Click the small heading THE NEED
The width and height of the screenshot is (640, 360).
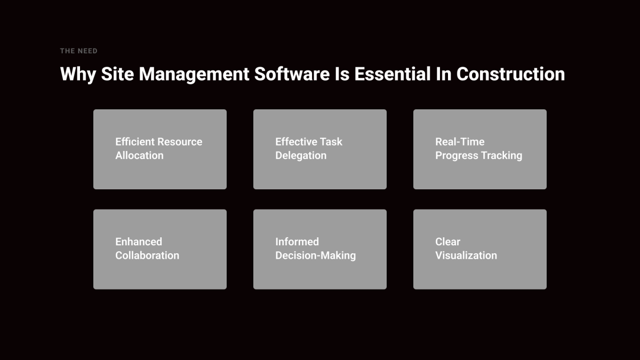click(x=78, y=51)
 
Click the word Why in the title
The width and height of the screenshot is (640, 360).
click(x=78, y=74)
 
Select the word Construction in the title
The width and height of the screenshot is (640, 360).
click(x=510, y=74)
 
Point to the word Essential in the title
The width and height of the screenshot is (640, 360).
click(x=393, y=74)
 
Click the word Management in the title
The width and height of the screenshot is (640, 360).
click(x=194, y=75)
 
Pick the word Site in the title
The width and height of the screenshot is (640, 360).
click(x=117, y=74)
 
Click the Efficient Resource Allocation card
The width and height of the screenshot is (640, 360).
click(x=160, y=149)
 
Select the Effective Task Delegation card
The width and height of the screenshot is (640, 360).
click(x=320, y=149)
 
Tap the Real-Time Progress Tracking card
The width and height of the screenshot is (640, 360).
click(x=480, y=149)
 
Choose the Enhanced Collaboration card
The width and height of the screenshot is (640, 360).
click(x=160, y=249)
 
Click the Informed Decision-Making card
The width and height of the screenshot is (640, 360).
click(x=320, y=249)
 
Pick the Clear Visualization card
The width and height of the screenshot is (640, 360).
click(x=480, y=249)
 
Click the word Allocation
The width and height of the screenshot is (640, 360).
click(x=139, y=155)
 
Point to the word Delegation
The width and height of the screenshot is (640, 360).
click(x=301, y=156)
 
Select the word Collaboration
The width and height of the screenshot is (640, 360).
click(x=147, y=255)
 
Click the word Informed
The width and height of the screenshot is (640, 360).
click(x=297, y=242)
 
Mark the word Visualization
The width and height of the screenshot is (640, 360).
click(x=466, y=255)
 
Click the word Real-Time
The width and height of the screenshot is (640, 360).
click(x=460, y=142)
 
